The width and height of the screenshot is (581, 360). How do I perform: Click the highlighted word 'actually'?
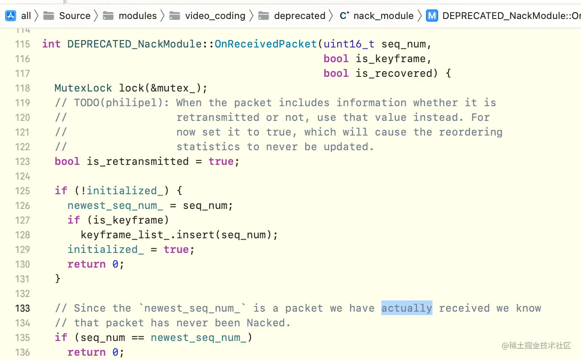[407, 308]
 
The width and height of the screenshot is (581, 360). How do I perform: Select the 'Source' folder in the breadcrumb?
[74, 16]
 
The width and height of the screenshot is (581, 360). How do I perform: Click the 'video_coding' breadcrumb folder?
[215, 16]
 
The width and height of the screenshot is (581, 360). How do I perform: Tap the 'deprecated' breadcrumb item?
[300, 16]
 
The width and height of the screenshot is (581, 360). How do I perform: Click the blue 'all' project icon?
[11, 16]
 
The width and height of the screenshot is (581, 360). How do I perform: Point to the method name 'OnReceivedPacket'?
[265, 44]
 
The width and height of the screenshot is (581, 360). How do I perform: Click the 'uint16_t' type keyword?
[349, 44]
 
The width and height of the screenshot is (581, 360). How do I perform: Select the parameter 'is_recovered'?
[394, 73]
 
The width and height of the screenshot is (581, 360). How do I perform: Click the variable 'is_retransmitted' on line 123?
[138, 161]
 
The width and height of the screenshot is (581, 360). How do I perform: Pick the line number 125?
[22, 191]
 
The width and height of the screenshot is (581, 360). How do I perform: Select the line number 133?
[22, 308]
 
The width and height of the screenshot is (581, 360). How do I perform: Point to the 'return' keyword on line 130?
[86, 264]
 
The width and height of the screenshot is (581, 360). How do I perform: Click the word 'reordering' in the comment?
[470, 132]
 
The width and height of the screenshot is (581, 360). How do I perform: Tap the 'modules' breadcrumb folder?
[137, 16]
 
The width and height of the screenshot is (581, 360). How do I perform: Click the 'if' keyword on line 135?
[61, 338]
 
